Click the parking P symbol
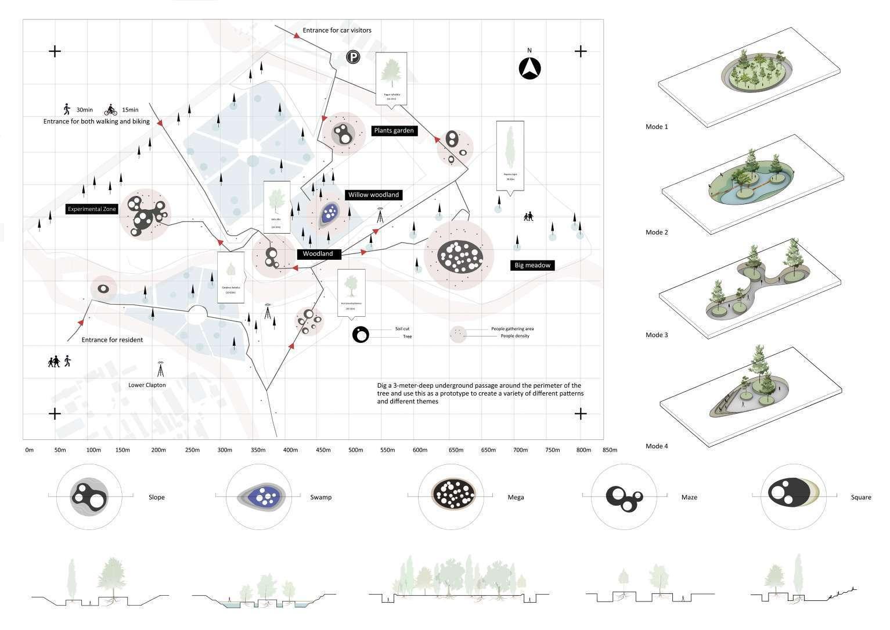coord(352,57)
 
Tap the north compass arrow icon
coord(529,69)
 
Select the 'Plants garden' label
coord(394,131)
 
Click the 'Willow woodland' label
coord(373,195)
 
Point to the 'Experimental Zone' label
coord(92,209)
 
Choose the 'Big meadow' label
coord(532,266)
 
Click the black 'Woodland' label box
coord(318,254)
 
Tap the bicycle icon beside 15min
coord(111,109)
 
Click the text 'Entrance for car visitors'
coord(337,30)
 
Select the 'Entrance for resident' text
coord(112,340)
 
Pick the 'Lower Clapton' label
coord(147,385)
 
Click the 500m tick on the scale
coord(355,450)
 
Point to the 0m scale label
coord(29,450)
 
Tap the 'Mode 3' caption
coord(657,335)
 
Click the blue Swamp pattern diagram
coord(263,497)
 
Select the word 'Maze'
coord(689,497)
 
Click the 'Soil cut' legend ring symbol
coord(361,334)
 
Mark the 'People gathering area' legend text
coord(512,329)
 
